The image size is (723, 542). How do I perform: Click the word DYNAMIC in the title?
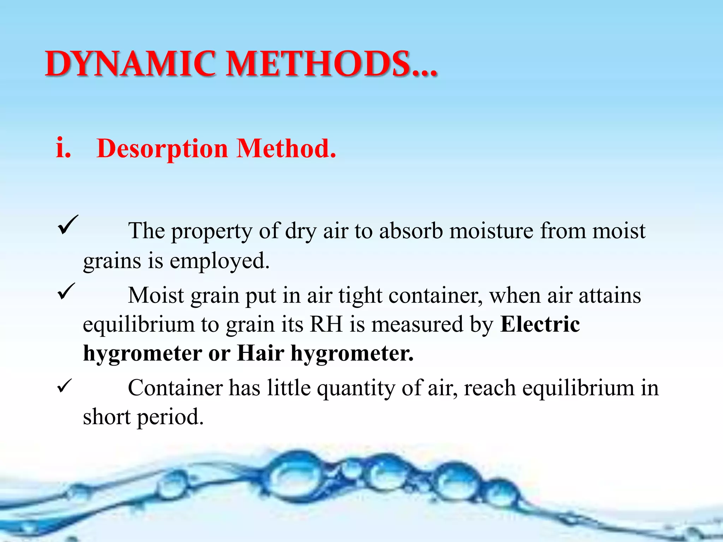click(x=130, y=64)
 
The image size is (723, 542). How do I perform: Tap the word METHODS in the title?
click(x=318, y=64)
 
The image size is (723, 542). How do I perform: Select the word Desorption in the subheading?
click(x=162, y=148)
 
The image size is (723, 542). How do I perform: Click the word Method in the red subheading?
click(x=286, y=148)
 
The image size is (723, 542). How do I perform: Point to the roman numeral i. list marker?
click(x=64, y=148)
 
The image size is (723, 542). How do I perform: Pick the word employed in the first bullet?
click(x=219, y=261)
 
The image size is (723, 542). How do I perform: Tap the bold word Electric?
click(x=540, y=324)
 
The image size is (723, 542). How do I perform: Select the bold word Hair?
click(x=261, y=353)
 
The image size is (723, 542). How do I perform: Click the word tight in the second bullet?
click(x=360, y=296)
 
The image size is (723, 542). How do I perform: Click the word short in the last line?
click(x=107, y=417)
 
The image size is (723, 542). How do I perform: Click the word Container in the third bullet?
click(x=175, y=388)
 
